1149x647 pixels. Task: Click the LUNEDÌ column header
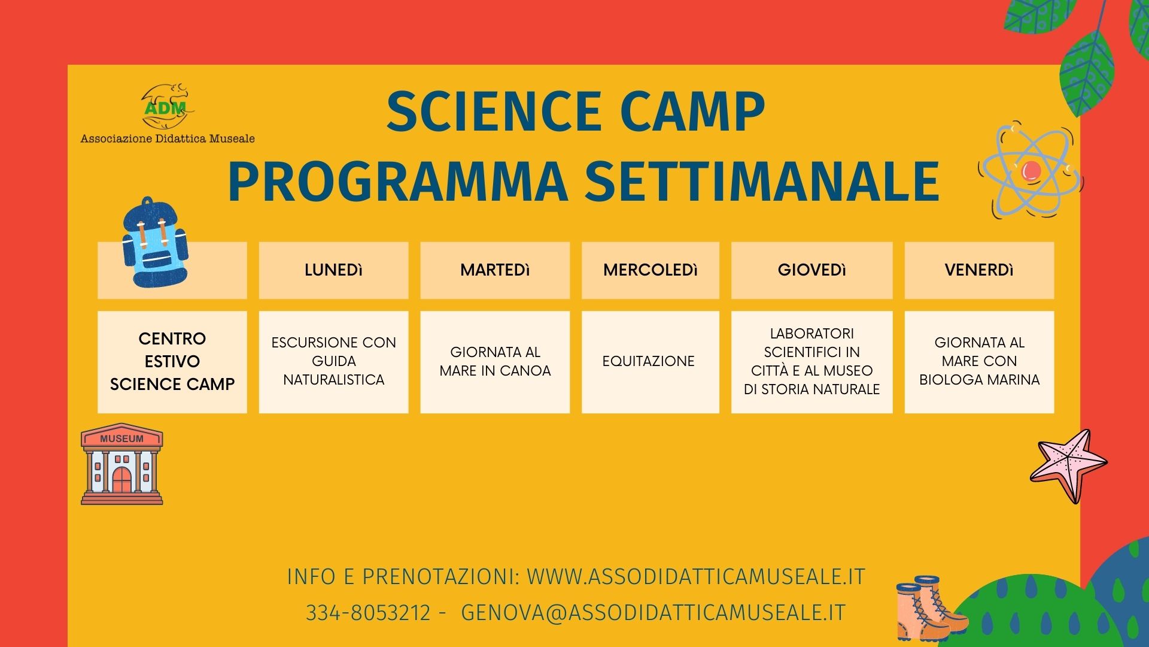pos(333,270)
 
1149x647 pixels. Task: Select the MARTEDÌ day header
pos(495,270)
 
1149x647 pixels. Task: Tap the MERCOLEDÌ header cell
pos(651,270)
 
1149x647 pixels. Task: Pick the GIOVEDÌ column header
pos(812,270)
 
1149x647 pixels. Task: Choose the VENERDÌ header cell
pos(979,270)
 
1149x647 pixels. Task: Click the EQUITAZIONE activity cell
pos(651,362)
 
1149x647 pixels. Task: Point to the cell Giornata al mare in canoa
pos(495,362)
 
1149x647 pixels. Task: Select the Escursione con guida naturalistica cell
pos(333,362)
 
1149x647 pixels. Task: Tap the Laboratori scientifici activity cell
pos(812,362)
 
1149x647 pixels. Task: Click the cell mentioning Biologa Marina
pos(979,362)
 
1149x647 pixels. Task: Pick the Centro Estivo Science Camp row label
pos(172,362)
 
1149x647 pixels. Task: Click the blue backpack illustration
pos(155,243)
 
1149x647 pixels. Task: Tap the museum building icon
pos(122,464)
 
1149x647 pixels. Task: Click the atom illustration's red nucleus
pos(1031,171)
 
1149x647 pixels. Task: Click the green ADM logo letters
pos(166,108)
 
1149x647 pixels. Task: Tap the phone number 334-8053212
pos(368,613)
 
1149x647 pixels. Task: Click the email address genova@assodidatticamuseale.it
pos(653,613)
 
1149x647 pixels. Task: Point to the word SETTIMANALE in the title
pos(762,181)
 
